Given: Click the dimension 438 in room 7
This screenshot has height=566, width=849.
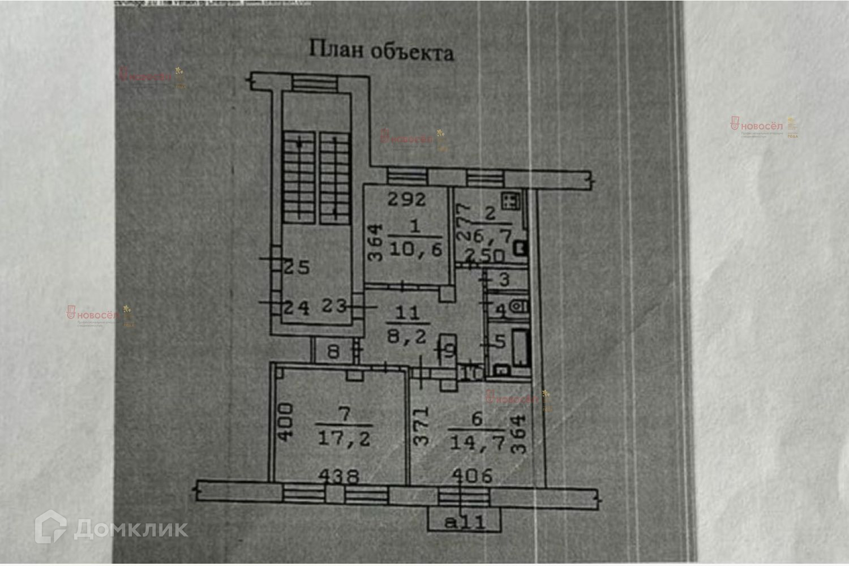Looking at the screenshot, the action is pyautogui.click(x=338, y=475).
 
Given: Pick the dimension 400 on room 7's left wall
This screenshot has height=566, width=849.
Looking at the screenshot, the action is pyautogui.click(x=285, y=421).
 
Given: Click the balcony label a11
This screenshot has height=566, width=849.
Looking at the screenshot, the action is pyautogui.click(x=465, y=521).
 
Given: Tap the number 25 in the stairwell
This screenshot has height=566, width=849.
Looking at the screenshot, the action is pyautogui.click(x=295, y=267).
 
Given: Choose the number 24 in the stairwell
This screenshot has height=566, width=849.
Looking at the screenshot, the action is pyautogui.click(x=296, y=308).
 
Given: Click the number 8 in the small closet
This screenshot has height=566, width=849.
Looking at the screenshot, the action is pyautogui.click(x=333, y=352).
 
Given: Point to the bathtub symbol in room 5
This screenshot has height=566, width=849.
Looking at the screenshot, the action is pyautogui.click(x=520, y=346).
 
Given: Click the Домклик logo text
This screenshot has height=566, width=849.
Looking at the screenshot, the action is pyautogui.click(x=130, y=529).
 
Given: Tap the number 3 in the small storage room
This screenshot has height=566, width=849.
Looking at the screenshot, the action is pyautogui.click(x=504, y=278).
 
